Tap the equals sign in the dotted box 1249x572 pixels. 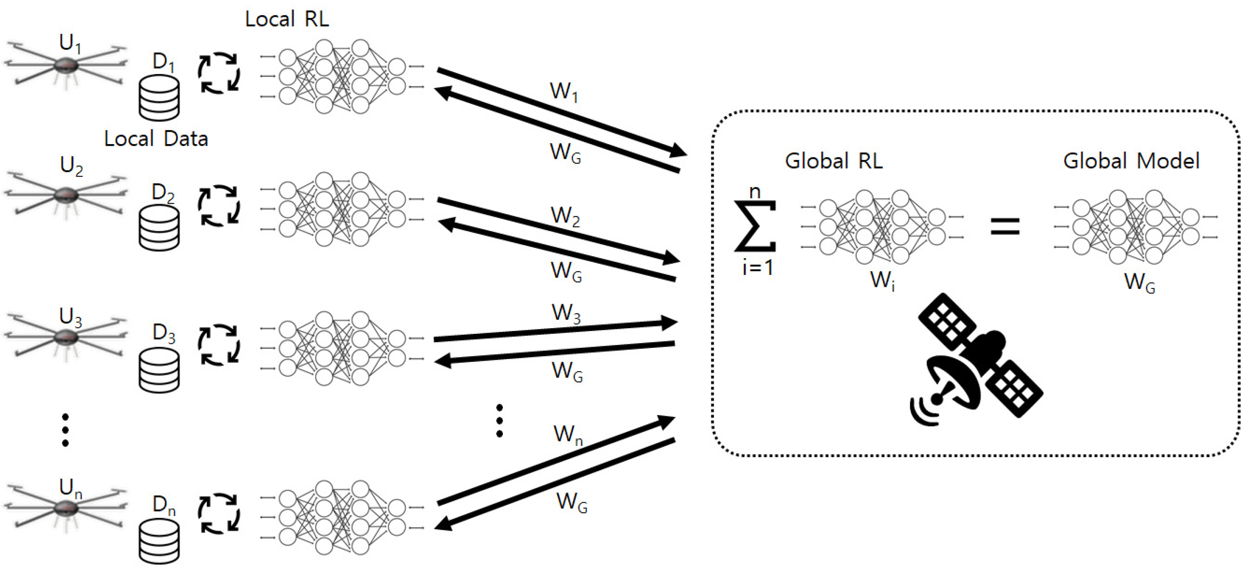pyautogui.click(x=1005, y=226)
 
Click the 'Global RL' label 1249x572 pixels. pyautogui.click(x=833, y=161)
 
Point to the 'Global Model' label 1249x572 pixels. pyautogui.click(x=1131, y=161)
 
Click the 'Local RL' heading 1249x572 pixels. pyautogui.click(x=286, y=19)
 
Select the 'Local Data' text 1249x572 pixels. pyautogui.click(x=156, y=139)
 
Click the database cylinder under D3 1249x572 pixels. pyautogui.click(x=159, y=370)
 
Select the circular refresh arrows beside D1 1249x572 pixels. pyautogui.click(x=219, y=73)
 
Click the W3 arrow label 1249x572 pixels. pyautogui.click(x=566, y=313)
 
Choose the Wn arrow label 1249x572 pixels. pyautogui.click(x=568, y=434)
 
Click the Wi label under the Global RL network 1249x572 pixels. pyautogui.click(x=882, y=281)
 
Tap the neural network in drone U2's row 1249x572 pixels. pyautogui.click(x=342, y=209)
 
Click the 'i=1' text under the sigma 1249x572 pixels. pyautogui.click(x=757, y=267)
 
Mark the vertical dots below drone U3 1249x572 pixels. pyautogui.click(x=66, y=430)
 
